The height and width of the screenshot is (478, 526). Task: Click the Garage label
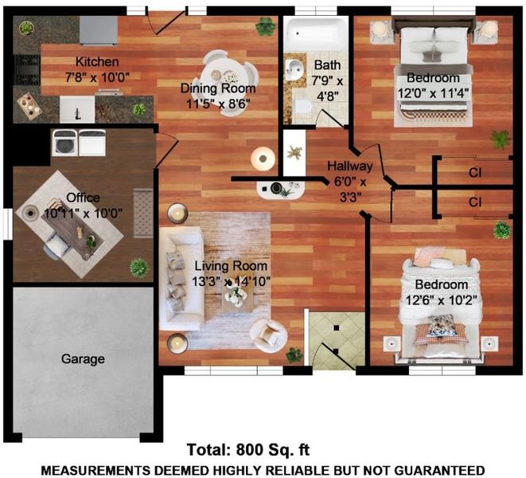83,359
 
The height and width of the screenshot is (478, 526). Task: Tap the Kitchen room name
97,62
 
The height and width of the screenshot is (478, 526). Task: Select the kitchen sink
77,109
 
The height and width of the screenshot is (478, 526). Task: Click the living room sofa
181,279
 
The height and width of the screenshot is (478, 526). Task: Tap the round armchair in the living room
268,335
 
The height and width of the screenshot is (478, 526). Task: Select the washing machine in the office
65,143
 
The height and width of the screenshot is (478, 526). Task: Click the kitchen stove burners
27,70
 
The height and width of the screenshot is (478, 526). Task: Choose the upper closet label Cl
475,173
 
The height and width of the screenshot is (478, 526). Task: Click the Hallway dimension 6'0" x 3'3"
351,190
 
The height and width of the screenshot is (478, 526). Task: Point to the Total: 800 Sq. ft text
248,450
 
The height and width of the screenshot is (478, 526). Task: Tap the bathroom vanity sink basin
295,69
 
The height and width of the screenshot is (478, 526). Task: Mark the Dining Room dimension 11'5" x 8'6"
218,104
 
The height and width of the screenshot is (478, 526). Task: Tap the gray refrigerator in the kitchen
99,30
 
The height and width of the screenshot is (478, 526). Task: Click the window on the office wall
8,224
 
